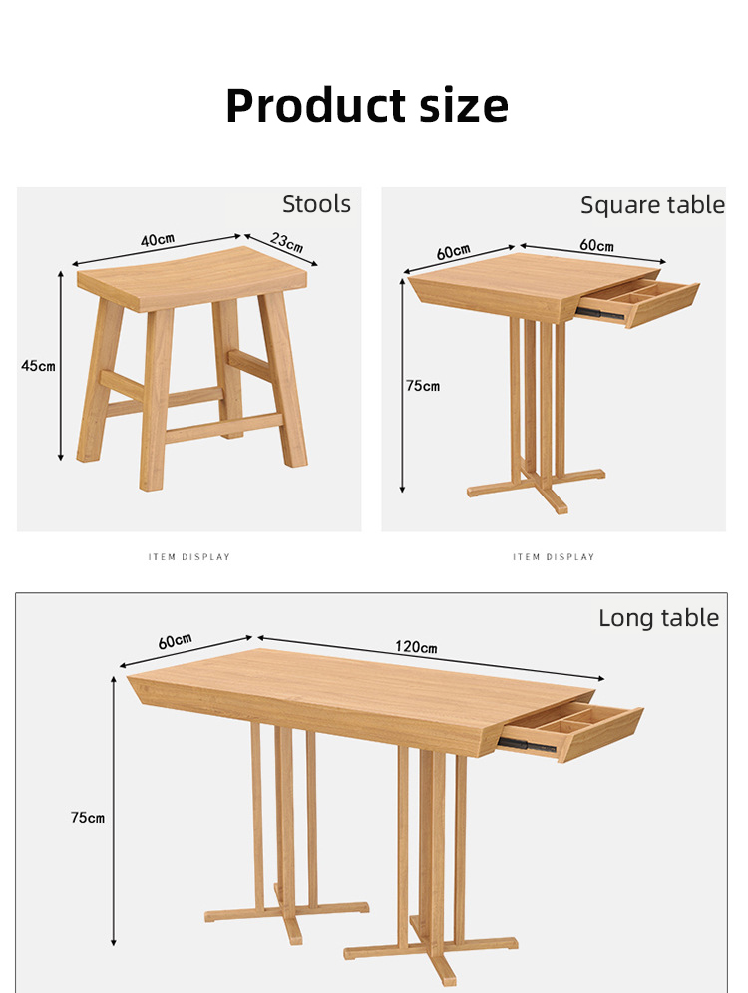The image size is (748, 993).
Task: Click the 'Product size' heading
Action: point(367,106)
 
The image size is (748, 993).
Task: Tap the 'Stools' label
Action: point(316,204)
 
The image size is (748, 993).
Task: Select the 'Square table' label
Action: point(652,205)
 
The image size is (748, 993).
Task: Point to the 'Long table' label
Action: point(658,618)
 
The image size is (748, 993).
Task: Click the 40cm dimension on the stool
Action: point(158,240)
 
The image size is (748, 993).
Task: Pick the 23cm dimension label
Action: point(287,242)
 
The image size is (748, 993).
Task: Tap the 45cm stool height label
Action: point(38,366)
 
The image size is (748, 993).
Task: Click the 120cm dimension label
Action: point(416,647)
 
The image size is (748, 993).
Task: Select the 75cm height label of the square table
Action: point(423,386)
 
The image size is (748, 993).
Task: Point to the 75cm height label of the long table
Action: point(88,817)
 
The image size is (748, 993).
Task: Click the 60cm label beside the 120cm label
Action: point(175,641)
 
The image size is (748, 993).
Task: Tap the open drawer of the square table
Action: point(637,301)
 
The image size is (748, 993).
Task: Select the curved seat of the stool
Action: point(191,278)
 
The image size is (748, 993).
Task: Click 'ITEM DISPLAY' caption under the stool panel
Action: point(189,557)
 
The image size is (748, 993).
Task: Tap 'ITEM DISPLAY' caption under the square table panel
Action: point(554,557)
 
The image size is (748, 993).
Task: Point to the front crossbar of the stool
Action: point(224,428)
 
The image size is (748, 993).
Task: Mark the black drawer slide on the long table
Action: point(527,745)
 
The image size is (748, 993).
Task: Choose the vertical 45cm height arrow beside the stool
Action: point(61,366)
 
